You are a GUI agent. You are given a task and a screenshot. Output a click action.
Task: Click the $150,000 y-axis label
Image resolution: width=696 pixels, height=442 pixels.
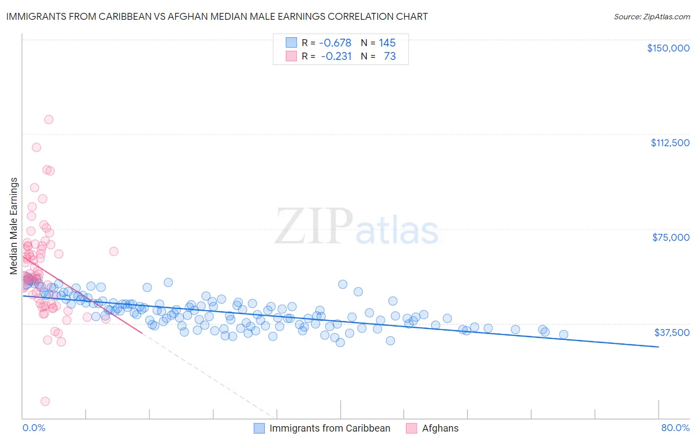[x=668, y=48]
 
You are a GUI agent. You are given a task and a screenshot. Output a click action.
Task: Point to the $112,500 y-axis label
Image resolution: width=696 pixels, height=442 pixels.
[x=670, y=143]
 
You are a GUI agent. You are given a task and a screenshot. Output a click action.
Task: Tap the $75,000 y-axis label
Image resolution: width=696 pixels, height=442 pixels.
[x=671, y=237]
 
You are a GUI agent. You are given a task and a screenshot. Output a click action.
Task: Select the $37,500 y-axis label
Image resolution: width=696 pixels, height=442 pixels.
[x=672, y=332]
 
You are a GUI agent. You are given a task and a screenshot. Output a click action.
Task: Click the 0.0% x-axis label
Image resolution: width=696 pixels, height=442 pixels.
[x=34, y=428]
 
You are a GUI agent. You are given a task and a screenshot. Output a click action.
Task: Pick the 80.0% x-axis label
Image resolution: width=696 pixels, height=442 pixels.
[x=675, y=428]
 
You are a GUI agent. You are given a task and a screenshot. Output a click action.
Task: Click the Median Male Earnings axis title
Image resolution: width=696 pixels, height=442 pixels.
[x=14, y=226]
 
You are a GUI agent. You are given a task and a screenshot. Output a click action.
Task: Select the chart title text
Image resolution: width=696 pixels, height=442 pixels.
[x=217, y=16]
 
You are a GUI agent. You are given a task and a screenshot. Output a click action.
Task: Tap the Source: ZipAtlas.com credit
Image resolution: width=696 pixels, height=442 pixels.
[x=651, y=17]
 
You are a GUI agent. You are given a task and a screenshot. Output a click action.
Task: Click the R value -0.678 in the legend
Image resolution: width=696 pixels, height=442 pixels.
[x=335, y=43]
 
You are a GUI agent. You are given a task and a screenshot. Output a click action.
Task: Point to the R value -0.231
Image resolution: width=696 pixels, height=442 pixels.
[x=336, y=56]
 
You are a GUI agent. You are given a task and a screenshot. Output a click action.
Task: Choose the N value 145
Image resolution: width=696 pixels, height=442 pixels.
[x=387, y=43]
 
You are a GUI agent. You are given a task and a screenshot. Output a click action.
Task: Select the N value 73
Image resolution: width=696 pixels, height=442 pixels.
[x=390, y=56]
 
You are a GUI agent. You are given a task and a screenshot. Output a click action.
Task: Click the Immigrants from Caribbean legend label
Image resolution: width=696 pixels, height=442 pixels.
[x=330, y=428]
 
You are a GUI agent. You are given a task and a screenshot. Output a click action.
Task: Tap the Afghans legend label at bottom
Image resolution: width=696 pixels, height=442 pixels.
[x=440, y=428]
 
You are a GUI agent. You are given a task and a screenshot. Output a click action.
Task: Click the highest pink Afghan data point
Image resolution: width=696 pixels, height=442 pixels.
[x=49, y=119]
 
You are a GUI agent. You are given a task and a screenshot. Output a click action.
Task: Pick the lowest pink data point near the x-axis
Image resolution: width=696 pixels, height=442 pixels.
[x=45, y=401]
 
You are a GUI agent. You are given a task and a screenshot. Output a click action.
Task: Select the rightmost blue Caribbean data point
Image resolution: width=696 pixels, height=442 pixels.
[x=563, y=334]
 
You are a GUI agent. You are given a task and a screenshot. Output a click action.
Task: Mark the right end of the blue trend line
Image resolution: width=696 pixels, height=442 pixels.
[x=658, y=347]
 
